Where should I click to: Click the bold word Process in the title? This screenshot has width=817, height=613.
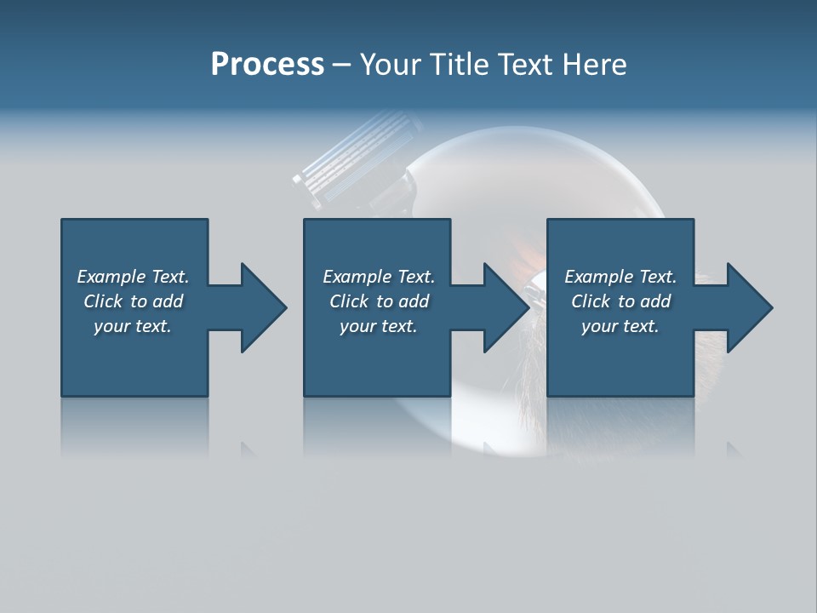point(267,65)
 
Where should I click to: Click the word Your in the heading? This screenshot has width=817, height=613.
point(389,65)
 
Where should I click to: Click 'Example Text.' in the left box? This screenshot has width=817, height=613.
point(133,277)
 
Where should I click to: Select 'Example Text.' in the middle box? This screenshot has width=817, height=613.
point(379,277)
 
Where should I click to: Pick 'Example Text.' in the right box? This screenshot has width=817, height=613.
point(620,277)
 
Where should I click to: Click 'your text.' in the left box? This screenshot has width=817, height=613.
point(133,326)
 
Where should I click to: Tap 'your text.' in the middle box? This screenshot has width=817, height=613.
point(379,326)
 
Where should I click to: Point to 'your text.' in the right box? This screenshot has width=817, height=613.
point(620,326)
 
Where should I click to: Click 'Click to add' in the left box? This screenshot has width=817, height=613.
point(133,301)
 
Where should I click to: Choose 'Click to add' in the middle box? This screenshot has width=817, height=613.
point(379,301)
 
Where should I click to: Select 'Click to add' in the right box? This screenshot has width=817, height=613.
point(620,301)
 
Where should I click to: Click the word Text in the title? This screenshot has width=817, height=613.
point(524,65)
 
